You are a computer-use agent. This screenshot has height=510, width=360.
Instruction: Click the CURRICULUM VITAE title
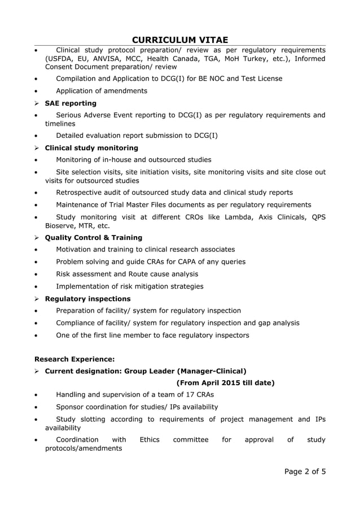click(x=180, y=39)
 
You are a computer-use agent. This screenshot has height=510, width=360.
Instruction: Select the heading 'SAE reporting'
click(x=71, y=103)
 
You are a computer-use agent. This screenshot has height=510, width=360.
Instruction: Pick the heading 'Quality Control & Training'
click(x=94, y=238)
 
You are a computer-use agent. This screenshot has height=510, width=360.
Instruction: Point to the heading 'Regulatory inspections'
click(x=87, y=299)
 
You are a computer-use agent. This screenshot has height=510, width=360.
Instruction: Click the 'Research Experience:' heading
click(x=74, y=359)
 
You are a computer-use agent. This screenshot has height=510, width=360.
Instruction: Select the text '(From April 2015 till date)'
click(x=226, y=383)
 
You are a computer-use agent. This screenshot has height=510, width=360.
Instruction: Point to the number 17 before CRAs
click(x=182, y=395)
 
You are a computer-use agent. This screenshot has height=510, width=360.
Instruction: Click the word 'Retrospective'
click(x=81, y=193)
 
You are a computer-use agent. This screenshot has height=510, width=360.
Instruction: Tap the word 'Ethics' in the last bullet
click(x=150, y=439)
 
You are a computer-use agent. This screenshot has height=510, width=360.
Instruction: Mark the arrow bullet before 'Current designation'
click(x=37, y=371)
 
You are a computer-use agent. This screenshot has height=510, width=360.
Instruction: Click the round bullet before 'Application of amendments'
click(x=37, y=91)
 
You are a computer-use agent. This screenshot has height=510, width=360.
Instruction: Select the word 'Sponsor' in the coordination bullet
click(x=72, y=407)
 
